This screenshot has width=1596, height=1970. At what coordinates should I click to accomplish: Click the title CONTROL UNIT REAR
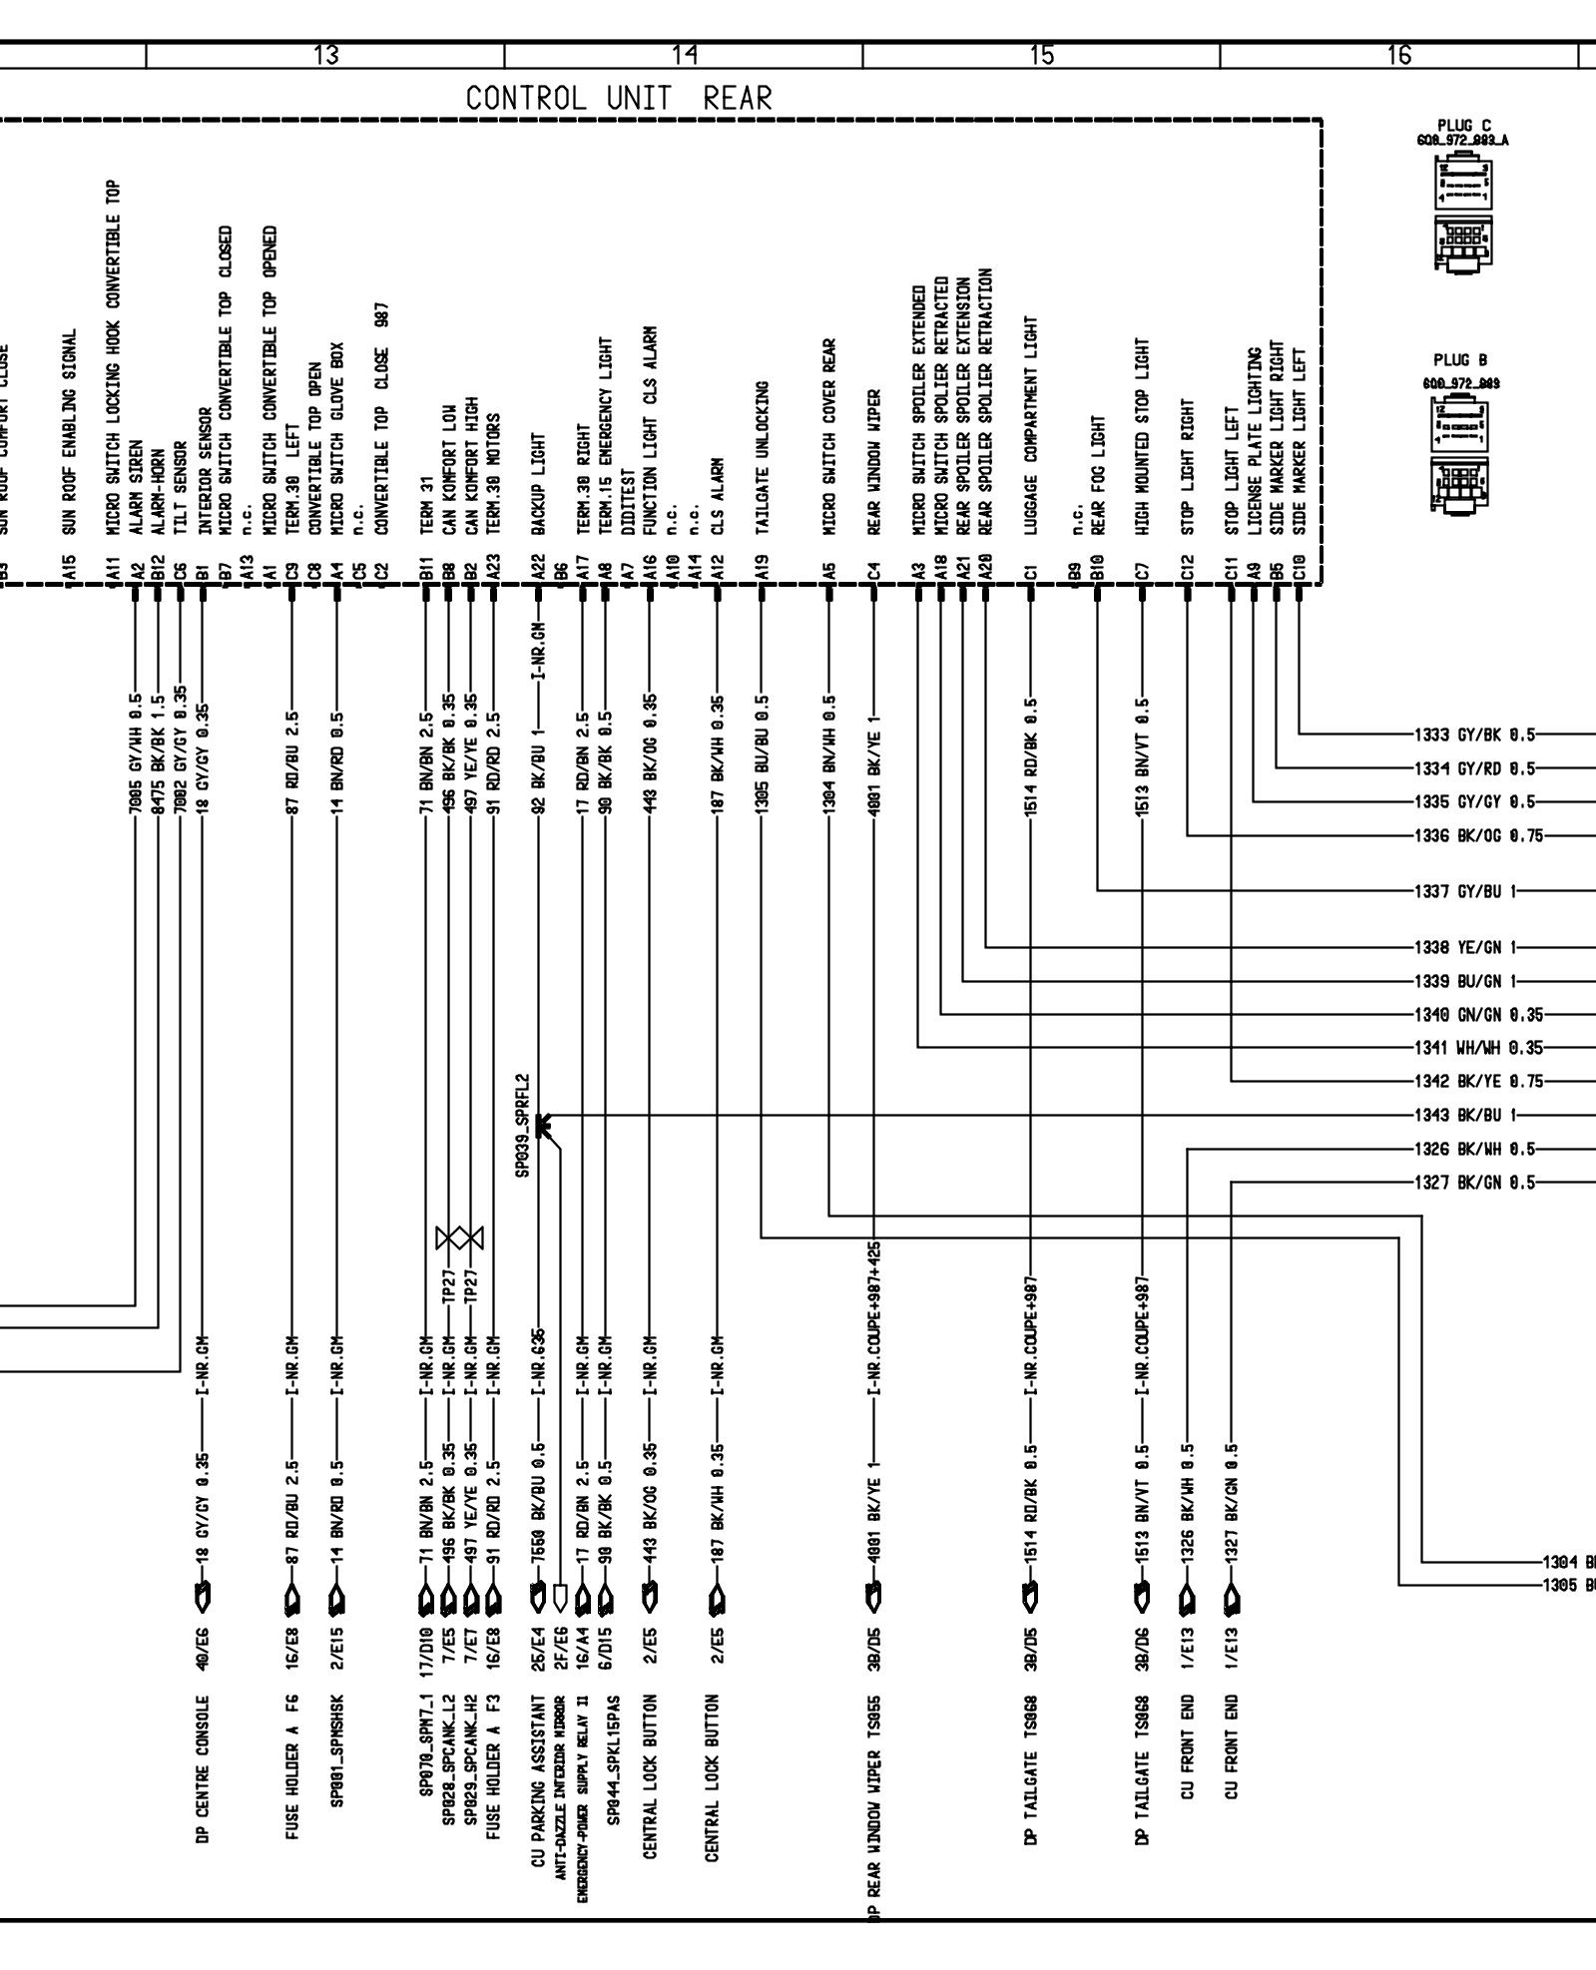tap(619, 99)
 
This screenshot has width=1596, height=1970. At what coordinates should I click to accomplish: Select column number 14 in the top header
tap(684, 56)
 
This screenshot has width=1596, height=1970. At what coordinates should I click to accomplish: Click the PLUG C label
tap(1464, 125)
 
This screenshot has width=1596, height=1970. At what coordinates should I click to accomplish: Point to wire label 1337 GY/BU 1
tap(1464, 891)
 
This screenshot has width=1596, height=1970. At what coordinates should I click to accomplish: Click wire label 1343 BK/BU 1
tap(1464, 1116)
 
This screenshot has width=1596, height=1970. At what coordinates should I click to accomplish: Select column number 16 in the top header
tap(1399, 56)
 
